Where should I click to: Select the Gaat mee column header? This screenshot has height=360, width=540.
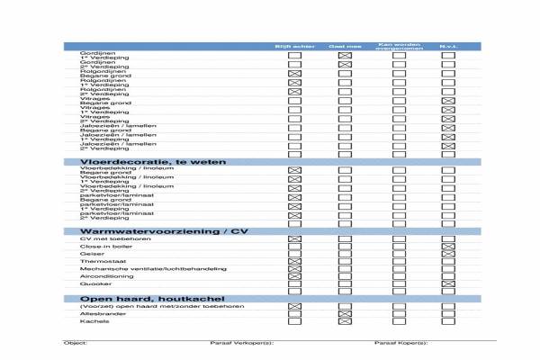point(343,45)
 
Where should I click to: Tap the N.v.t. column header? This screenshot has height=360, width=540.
point(447,45)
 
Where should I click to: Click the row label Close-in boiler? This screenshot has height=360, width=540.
point(98,246)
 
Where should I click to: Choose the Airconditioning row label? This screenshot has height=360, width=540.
point(100,276)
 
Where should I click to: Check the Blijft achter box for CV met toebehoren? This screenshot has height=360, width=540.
point(292,238)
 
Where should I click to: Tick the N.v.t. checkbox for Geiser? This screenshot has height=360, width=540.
point(447,254)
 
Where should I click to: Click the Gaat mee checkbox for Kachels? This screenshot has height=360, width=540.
point(343,321)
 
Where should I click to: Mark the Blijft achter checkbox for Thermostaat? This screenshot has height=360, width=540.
point(292,261)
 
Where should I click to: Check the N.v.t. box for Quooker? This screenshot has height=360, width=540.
point(447,284)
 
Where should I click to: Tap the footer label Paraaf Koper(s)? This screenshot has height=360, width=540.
point(401,343)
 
